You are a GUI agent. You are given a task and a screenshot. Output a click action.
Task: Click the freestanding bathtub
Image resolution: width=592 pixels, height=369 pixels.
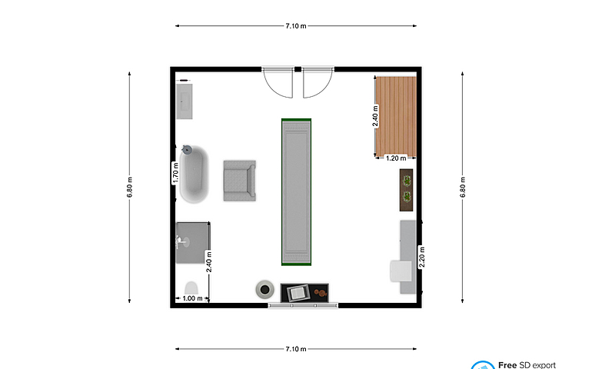click(194, 175)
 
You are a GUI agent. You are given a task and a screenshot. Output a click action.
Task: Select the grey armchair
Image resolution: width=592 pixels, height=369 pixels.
click(239, 181)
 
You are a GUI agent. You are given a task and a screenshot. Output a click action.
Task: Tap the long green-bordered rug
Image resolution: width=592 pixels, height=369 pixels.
click(296, 192)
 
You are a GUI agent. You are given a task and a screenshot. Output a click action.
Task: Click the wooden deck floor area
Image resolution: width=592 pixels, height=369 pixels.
click(396, 116)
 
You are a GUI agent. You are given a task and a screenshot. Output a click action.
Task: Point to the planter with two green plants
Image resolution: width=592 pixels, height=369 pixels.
click(406, 190)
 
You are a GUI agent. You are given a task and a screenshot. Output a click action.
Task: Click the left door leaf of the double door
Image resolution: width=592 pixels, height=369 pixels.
click(278, 83)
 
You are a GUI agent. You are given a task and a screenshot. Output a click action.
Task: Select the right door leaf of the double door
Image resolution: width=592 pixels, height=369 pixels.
click(318, 83)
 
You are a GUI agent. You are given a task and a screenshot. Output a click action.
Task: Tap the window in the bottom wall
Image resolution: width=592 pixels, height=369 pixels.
click(303, 305)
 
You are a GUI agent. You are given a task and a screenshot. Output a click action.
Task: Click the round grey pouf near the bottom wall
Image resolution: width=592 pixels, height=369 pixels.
click(264, 290)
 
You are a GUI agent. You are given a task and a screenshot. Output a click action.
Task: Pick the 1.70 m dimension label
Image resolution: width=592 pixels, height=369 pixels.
click(175, 173)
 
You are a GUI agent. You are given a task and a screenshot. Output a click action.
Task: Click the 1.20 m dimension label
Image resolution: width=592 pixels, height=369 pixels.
click(396, 158)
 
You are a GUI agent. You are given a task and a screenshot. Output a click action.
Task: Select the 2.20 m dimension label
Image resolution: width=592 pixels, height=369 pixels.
click(422, 257)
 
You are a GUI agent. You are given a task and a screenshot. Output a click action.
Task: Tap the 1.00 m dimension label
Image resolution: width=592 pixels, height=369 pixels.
click(192, 298)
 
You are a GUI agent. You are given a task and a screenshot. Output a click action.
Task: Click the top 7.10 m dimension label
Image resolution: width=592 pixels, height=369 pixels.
click(296, 26)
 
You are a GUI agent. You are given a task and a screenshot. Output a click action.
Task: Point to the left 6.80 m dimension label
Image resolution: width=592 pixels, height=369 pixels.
click(129, 187)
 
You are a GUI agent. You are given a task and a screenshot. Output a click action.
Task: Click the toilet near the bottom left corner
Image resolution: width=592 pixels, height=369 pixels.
click(191, 288)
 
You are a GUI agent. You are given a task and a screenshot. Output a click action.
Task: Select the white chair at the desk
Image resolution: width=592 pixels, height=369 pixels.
click(401, 271)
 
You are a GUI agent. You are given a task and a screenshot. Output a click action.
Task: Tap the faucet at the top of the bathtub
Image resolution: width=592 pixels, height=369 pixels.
click(187, 150)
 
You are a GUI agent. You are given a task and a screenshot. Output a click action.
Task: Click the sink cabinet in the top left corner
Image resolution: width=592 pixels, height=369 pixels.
click(185, 101)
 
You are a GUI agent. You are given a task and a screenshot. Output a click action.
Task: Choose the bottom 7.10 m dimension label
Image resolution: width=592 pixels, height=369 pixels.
click(296, 349)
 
